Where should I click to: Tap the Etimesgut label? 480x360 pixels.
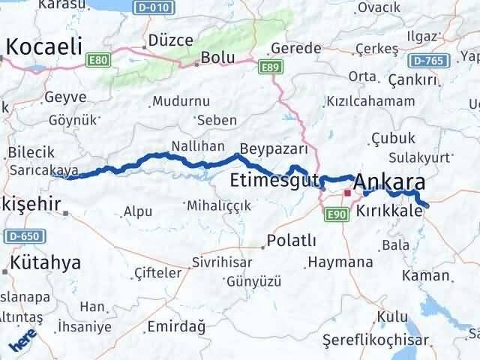[274, 180]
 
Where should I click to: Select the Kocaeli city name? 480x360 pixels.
[43, 46]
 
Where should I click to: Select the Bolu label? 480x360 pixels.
[217, 58]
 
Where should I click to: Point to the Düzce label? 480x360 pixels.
[171, 40]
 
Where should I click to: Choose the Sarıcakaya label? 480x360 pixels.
[37, 170]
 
